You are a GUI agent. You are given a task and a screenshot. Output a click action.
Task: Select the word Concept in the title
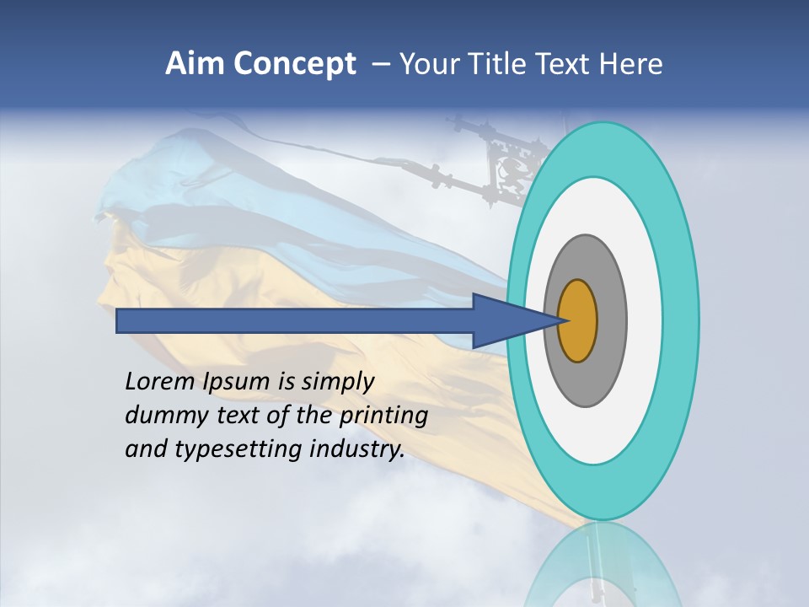pos(294,65)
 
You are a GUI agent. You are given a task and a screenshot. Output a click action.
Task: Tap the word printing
pos(383,416)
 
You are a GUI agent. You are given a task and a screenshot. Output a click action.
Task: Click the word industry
pos(357,449)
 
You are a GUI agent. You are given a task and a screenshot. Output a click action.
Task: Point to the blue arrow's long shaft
pos(295,320)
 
